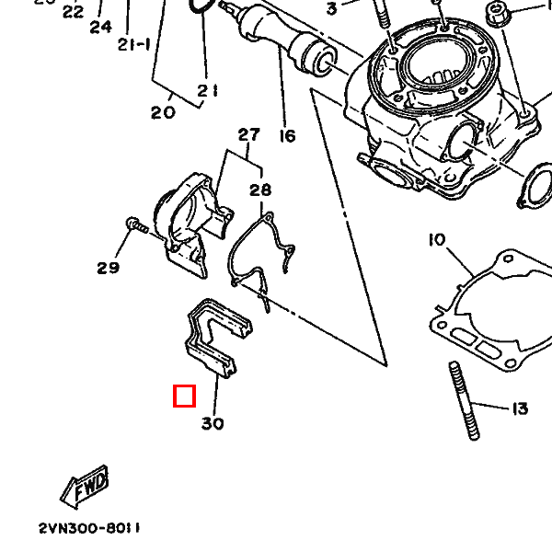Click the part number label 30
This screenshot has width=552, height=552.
click(x=213, y=424)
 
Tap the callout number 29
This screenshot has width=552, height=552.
click(x=109, y=269)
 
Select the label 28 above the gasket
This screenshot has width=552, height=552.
click(x=260, y=190)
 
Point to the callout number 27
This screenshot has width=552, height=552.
click(x=249, y=136)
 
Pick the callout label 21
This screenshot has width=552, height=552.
click(x=207, y=90)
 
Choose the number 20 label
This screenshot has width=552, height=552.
click(x=163, y=113)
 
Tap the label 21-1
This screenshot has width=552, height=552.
click(x=133, y=44)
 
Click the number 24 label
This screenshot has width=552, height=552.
click(x=100, y=27)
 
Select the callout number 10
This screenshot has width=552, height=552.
click(x=436, y=240)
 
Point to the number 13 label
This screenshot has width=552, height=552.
click(x=519, y=408)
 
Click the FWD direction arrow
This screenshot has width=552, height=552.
click(x=85, y=486)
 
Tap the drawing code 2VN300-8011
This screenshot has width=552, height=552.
click(x=89, y=529)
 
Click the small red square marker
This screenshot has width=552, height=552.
click(x=185, y=396)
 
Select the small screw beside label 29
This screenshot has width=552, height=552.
click(x=135, y=225)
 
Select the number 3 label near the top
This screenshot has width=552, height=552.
click(x=331, y=9)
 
